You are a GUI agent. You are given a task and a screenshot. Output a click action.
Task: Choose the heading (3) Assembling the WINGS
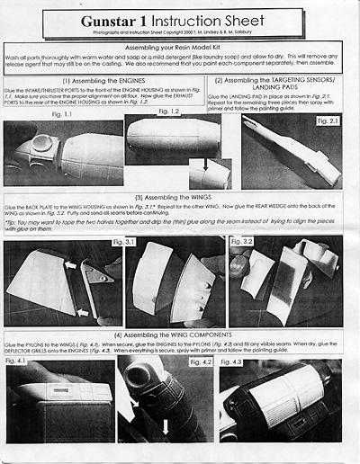click(180, 195)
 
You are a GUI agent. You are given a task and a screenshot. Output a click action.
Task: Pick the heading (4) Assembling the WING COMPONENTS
click(180, 335)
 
